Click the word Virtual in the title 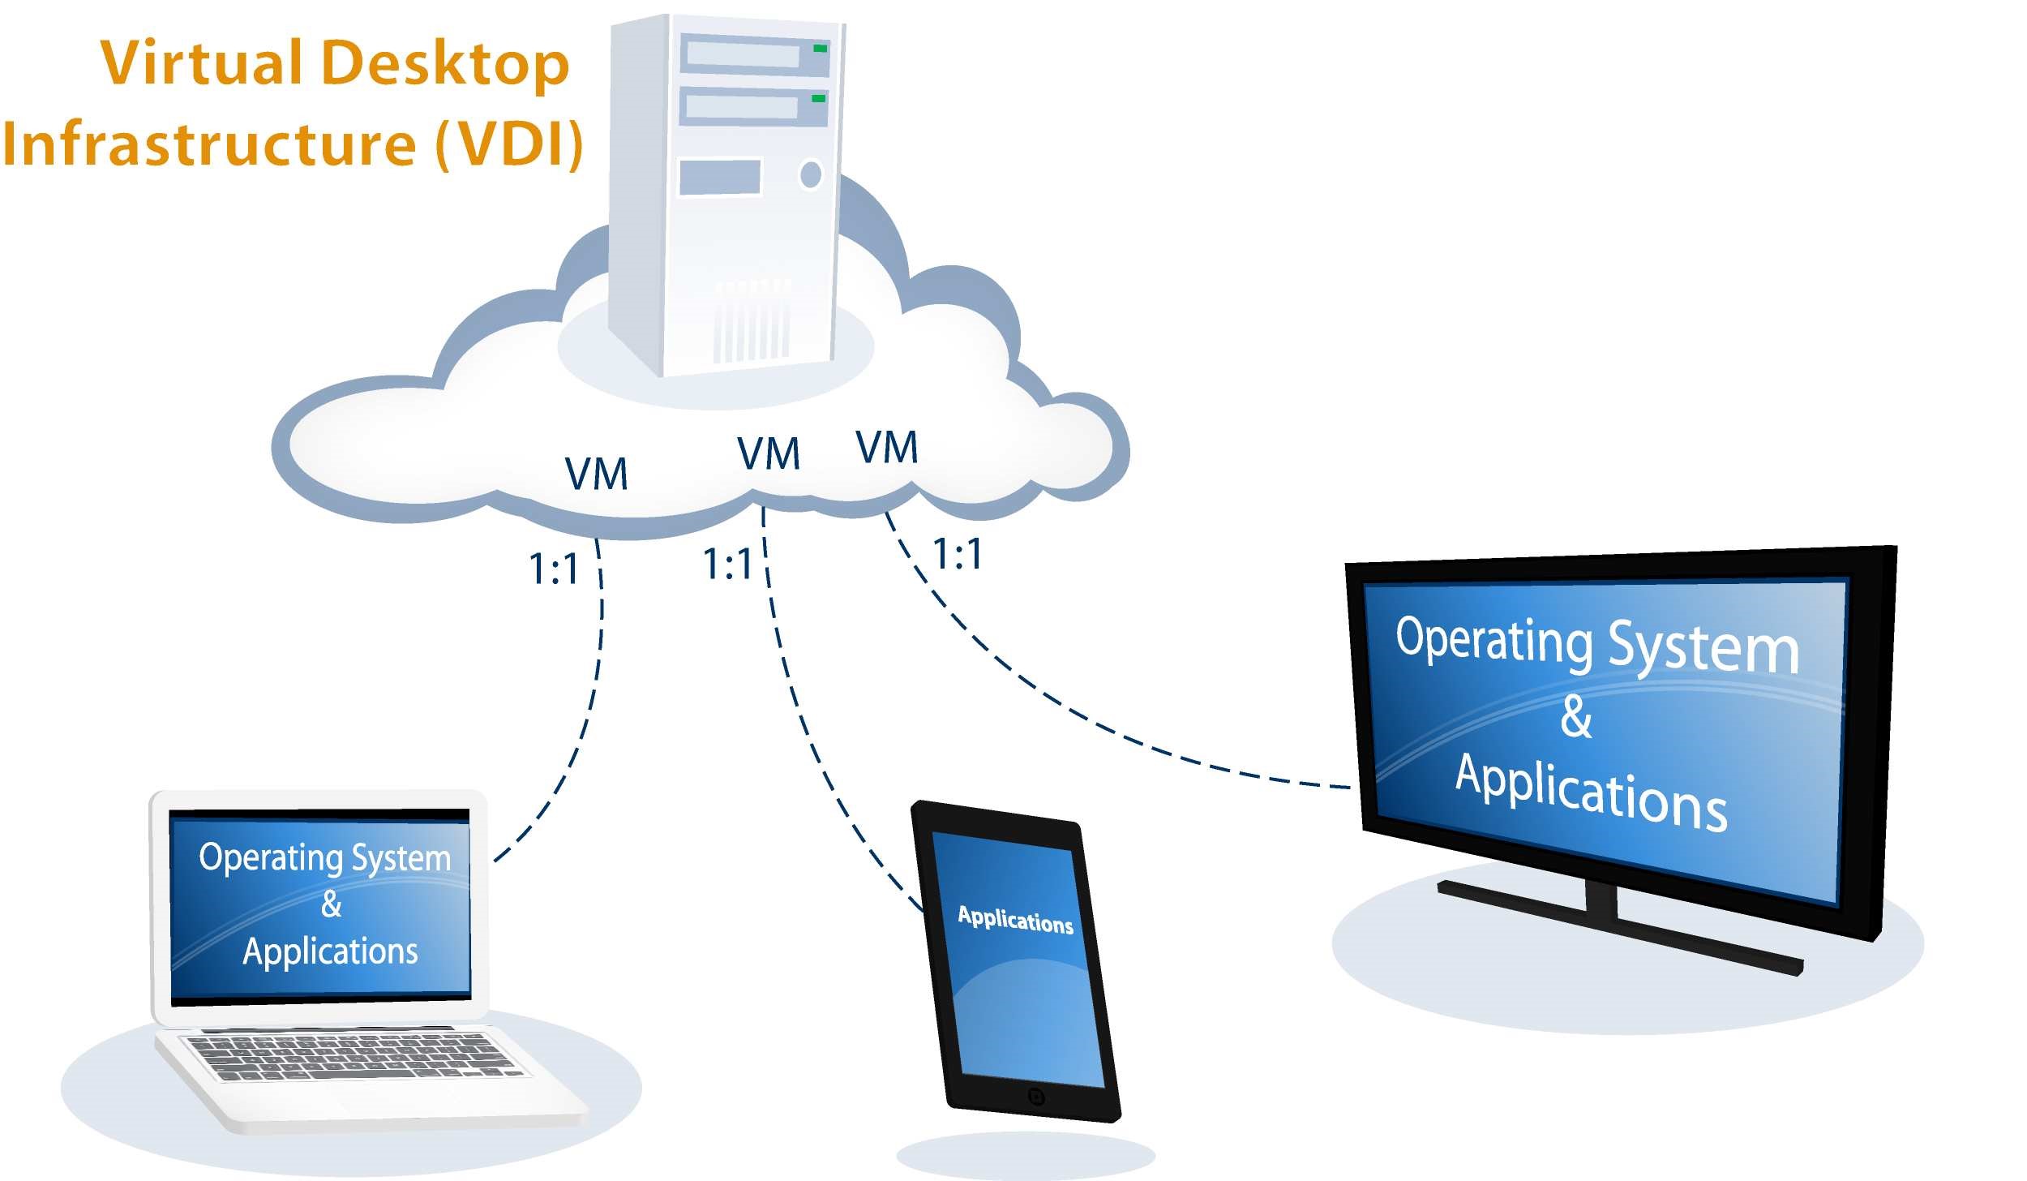pos(200,63)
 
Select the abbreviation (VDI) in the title pos(509,144)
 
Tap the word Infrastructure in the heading pos(210,144)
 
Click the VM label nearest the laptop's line pos(596,474)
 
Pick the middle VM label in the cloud pos(768,453)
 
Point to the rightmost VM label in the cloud pos(887,447)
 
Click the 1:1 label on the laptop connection pos(554,569)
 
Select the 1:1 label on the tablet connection pos(727,564)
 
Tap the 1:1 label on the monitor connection pos(958,555)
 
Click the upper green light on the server pos(821,49)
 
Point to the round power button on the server pos(811,174)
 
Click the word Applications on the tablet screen pos(1015,920)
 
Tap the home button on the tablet pos(1035,1097)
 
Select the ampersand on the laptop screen pos(331,904)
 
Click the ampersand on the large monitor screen pos(1576,717)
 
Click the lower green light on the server pos(819,98)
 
